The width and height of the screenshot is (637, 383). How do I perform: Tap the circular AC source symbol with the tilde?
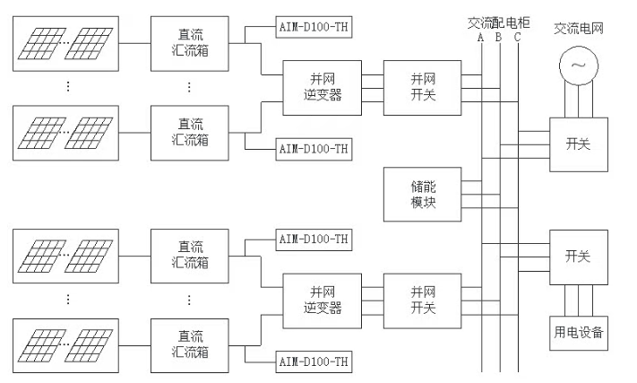pyautogui.click(x=578, y=65)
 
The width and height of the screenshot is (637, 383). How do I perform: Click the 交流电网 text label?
pyautogui.click(x=580, y=28)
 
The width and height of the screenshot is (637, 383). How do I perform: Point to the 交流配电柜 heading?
pyautogui.click(x=498, y=22)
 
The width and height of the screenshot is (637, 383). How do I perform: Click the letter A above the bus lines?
pyautogui.click(x=480, y=38)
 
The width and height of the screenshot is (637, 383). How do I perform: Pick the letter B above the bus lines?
pyautogui.click(x=498, y=38)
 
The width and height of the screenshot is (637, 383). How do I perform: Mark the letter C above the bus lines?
pyautogui.click(x=517, y=38)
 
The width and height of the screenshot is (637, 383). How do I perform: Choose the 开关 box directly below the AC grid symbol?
pyautogui.click(x=579, y=144)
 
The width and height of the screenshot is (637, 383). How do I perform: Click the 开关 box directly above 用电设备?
pyautogui.click(x=579, y=257)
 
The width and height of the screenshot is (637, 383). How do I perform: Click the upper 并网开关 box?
pyautogui.click(x=422, y=87)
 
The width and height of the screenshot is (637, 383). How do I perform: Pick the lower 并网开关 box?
pyautogui.click(x=422, y=300)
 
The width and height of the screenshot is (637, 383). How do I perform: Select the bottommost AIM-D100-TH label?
pyautogui.click(x=313, y=361)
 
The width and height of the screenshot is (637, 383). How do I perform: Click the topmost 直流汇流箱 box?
pyautogui.click(x=189, y=39)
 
